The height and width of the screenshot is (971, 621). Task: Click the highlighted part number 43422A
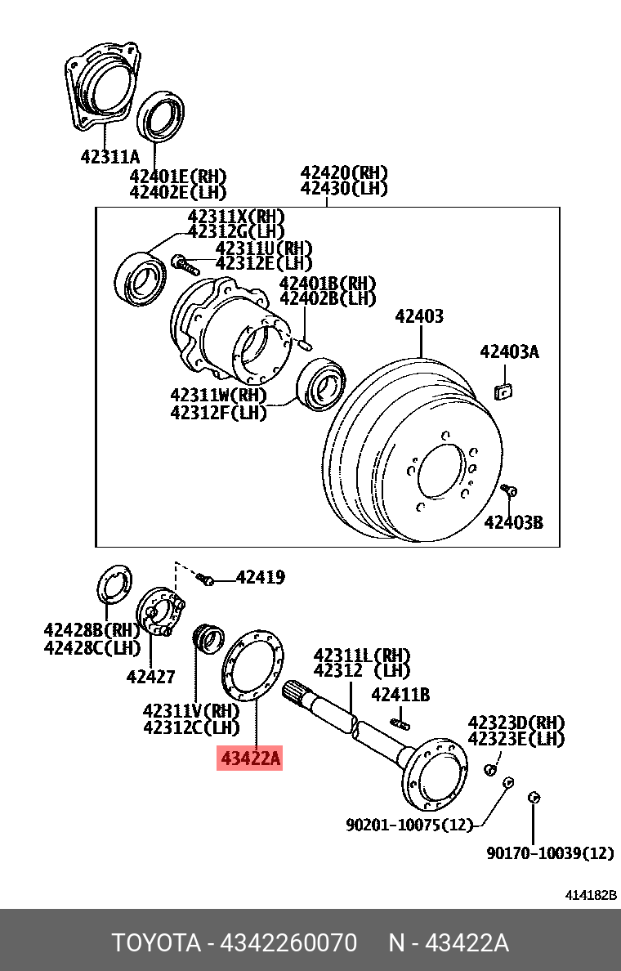249,759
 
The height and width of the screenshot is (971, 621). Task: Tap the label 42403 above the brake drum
419,316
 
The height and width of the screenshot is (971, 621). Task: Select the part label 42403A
509,352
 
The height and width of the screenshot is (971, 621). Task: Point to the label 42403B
513,521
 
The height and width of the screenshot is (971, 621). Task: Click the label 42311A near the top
110,156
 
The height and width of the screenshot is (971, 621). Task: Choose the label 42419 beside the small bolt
260,578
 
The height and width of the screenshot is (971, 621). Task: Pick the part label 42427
150,676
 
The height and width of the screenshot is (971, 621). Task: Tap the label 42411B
400,695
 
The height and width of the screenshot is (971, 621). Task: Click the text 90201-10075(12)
409,825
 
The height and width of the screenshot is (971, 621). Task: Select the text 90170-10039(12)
550,853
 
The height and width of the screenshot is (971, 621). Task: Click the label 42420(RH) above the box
343,172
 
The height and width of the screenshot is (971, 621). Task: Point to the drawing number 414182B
591,896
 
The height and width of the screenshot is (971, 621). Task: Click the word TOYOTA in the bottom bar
156,943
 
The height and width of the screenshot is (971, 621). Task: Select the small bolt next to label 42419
205,579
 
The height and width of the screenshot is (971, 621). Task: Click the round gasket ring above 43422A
253,664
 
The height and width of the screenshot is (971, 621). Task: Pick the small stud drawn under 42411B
400,722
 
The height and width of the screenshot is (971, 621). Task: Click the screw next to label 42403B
511,490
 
